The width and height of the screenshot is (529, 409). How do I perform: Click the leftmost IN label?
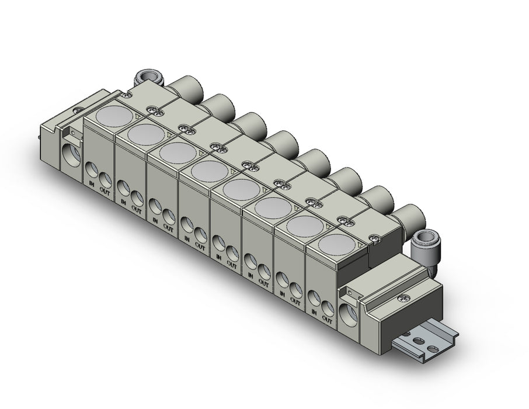[x=92, y=183]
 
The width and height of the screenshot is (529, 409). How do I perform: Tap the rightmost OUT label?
[x=327, y=318]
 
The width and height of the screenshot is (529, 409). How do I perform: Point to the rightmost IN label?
[x=314, y=312]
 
